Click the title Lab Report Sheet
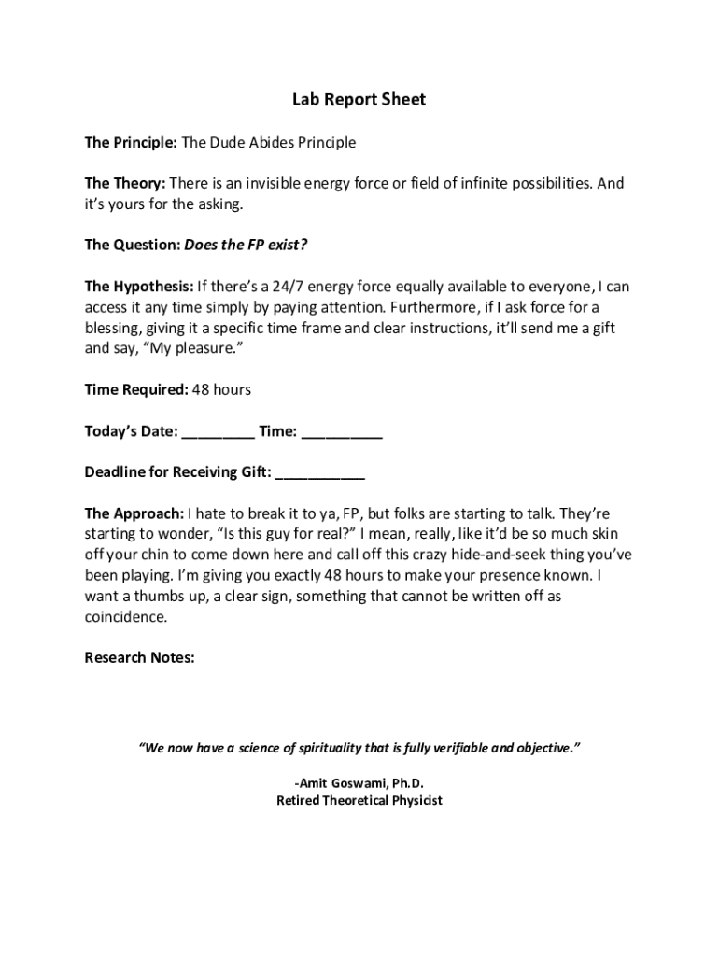click(x=359, y=99)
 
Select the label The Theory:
click(x=125, y=184)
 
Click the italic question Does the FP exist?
click(x=246, y=246)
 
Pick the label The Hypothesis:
click(x=139, y=287)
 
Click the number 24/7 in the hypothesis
click(x=286, y=287)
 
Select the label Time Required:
click(x=136, y=389)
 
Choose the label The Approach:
click(x=134, y=513)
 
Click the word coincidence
click(x=126, y=616)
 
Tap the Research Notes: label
click(x=139, y=657)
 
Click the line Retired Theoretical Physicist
click(x=359, y=801)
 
